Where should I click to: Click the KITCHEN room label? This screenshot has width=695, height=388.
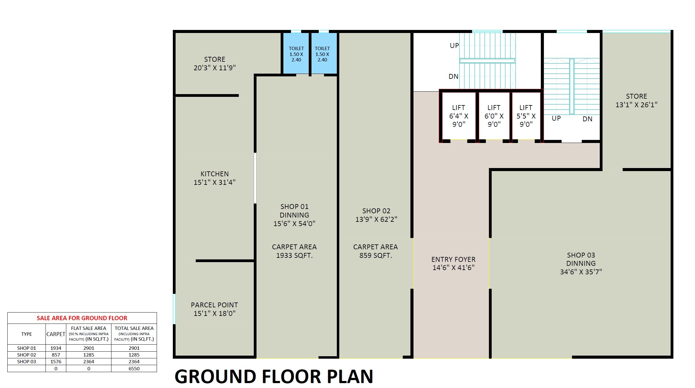[214, 178]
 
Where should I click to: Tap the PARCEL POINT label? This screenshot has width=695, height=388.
[214, 309]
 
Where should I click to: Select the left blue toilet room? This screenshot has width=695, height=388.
[296, 54]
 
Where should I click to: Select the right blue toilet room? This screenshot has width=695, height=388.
[322, 54]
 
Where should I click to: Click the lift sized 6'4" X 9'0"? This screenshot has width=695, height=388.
[458, 116]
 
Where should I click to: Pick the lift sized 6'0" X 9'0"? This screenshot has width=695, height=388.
[494, 116]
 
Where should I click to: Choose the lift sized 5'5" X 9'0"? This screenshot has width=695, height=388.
[526, 116]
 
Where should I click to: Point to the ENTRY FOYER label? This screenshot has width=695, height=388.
[453, 263]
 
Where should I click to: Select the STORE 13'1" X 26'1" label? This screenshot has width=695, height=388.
[636, 101]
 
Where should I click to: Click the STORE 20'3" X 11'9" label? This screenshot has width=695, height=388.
[214, 64]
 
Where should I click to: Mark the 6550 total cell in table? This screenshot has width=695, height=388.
[134, 368]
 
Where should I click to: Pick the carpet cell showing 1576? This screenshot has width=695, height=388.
[56, 361]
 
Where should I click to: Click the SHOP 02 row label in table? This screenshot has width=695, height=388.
[27, 355]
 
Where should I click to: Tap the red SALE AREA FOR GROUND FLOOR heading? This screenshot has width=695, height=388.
[82, 318]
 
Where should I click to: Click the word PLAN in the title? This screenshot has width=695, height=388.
[350, 376]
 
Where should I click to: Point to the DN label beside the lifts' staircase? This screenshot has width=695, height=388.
[587, 119]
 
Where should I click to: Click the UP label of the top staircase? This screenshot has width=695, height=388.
[454, 46]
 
